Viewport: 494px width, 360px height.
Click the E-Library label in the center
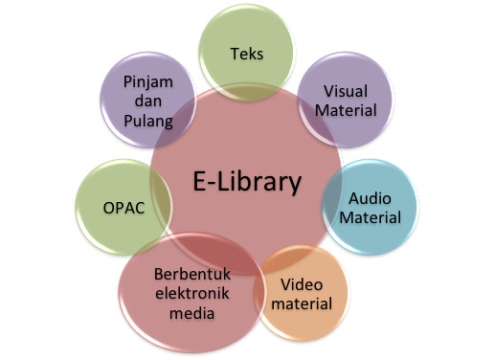pos(246,181)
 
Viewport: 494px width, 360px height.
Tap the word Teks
pos(247,54)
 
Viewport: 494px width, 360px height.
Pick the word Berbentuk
pos(186,274)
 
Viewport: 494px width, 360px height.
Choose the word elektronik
pos(186,294)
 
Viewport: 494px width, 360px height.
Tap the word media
pos(186,313)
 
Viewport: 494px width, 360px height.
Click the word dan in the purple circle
pos(147,103)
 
